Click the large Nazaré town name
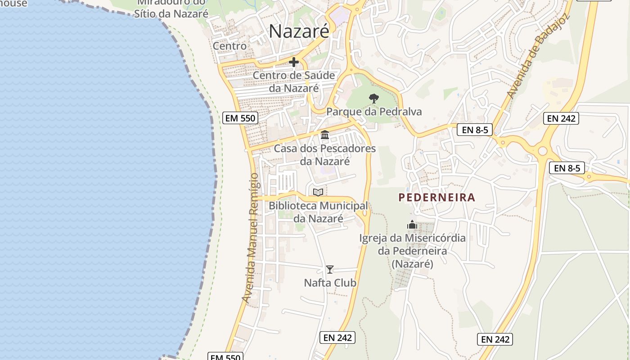pyautogui.click(x=299, y=31)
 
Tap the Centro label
pyautogui.click(x=229, y=46)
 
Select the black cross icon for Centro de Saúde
pyautogui.click(x=294, y=62)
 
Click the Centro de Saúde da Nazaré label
pyautogui.click(x=294, y=81)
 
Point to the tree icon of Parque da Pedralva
pyautogui.click(x=373, y=98)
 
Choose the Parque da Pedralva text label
pyautogui.click(x=374, y=112)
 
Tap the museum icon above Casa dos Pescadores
pyautogui.click(x=324, y=135)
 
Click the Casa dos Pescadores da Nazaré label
pyautogui.click(x=325, y=155)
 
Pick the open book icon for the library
pyautogui.click(x=318, y=193)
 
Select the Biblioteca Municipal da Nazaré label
pyautogui.click(x=318, y=212)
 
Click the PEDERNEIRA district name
pyautogui.click(x=437, y=198)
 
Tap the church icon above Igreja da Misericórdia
pyautogui.click(x=412, y=225)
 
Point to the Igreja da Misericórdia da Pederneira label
pyautogui.click(x=412, y=251)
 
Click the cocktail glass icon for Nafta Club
pyautogui.click(x=330, y=270)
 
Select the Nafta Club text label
pyautogui.click(x=330, y=283)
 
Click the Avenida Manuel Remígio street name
pyautogui.click(x=251, y=238)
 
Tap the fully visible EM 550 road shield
pyautogui.click(x=240, y=118)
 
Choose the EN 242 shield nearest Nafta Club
pyautogui.click(x=337, y=337)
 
